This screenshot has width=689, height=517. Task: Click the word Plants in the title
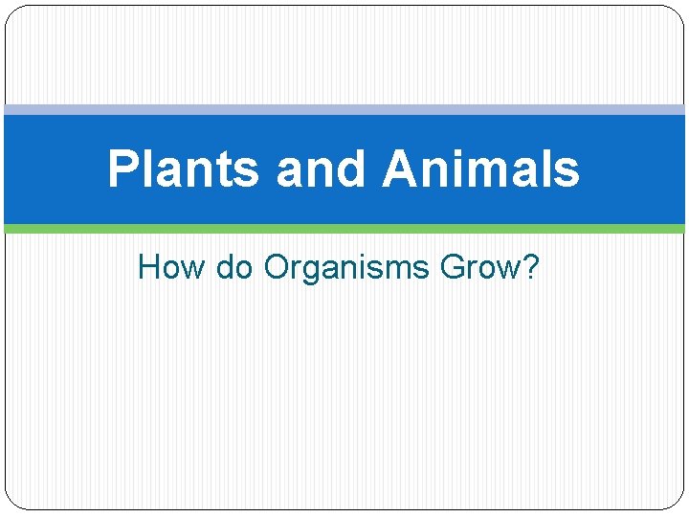pyautogui.click(x=183, y=169)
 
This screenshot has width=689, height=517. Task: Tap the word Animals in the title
pyautogui.click(x=481, y=169)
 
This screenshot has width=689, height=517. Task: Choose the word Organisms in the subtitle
pyautogui.click(x=347, y=268)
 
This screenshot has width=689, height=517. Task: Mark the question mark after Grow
pyautogui.click(x=530, y=267)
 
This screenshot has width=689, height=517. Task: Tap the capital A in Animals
pyautogui.click(x=402, y=169)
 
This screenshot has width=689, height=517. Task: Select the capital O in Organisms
pyautogui.click(x=278, y=267)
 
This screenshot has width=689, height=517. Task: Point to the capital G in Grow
pyautogui.click(x=454, y=267)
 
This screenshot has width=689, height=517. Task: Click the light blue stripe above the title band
pyautogui.click(x=344, y=110)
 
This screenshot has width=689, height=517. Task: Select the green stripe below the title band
pyautogui.click(x=344, y=229)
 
